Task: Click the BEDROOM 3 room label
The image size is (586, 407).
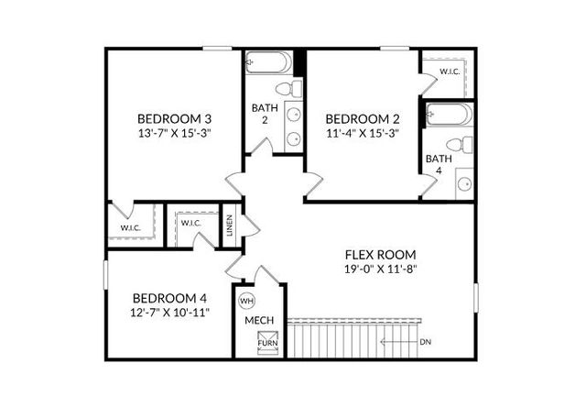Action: [x=174, y=118]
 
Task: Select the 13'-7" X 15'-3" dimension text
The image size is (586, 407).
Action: [x=174, y=133]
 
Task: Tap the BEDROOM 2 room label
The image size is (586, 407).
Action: [x=362, y=118]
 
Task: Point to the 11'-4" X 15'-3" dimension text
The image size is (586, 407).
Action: [x=362, y=133]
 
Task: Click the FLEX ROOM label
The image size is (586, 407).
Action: [x=380, y=254]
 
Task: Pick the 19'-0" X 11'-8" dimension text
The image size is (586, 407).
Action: [x=380, y=269]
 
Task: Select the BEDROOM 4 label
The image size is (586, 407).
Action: [x=169, y=298]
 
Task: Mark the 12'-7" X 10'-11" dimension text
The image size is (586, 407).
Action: [x=169, y=313]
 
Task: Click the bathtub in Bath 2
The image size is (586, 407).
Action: [x=266, y=64]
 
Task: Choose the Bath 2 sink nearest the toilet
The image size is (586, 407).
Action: [x=294, y=115]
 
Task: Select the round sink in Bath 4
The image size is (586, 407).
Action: [x=464, y=183]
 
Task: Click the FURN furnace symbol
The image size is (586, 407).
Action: [x=267, y=344]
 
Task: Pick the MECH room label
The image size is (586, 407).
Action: [x=259, y=321]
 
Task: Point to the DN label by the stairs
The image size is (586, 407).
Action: [x=425, y=342]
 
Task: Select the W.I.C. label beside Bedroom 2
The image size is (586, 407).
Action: [x=450, y=71]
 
